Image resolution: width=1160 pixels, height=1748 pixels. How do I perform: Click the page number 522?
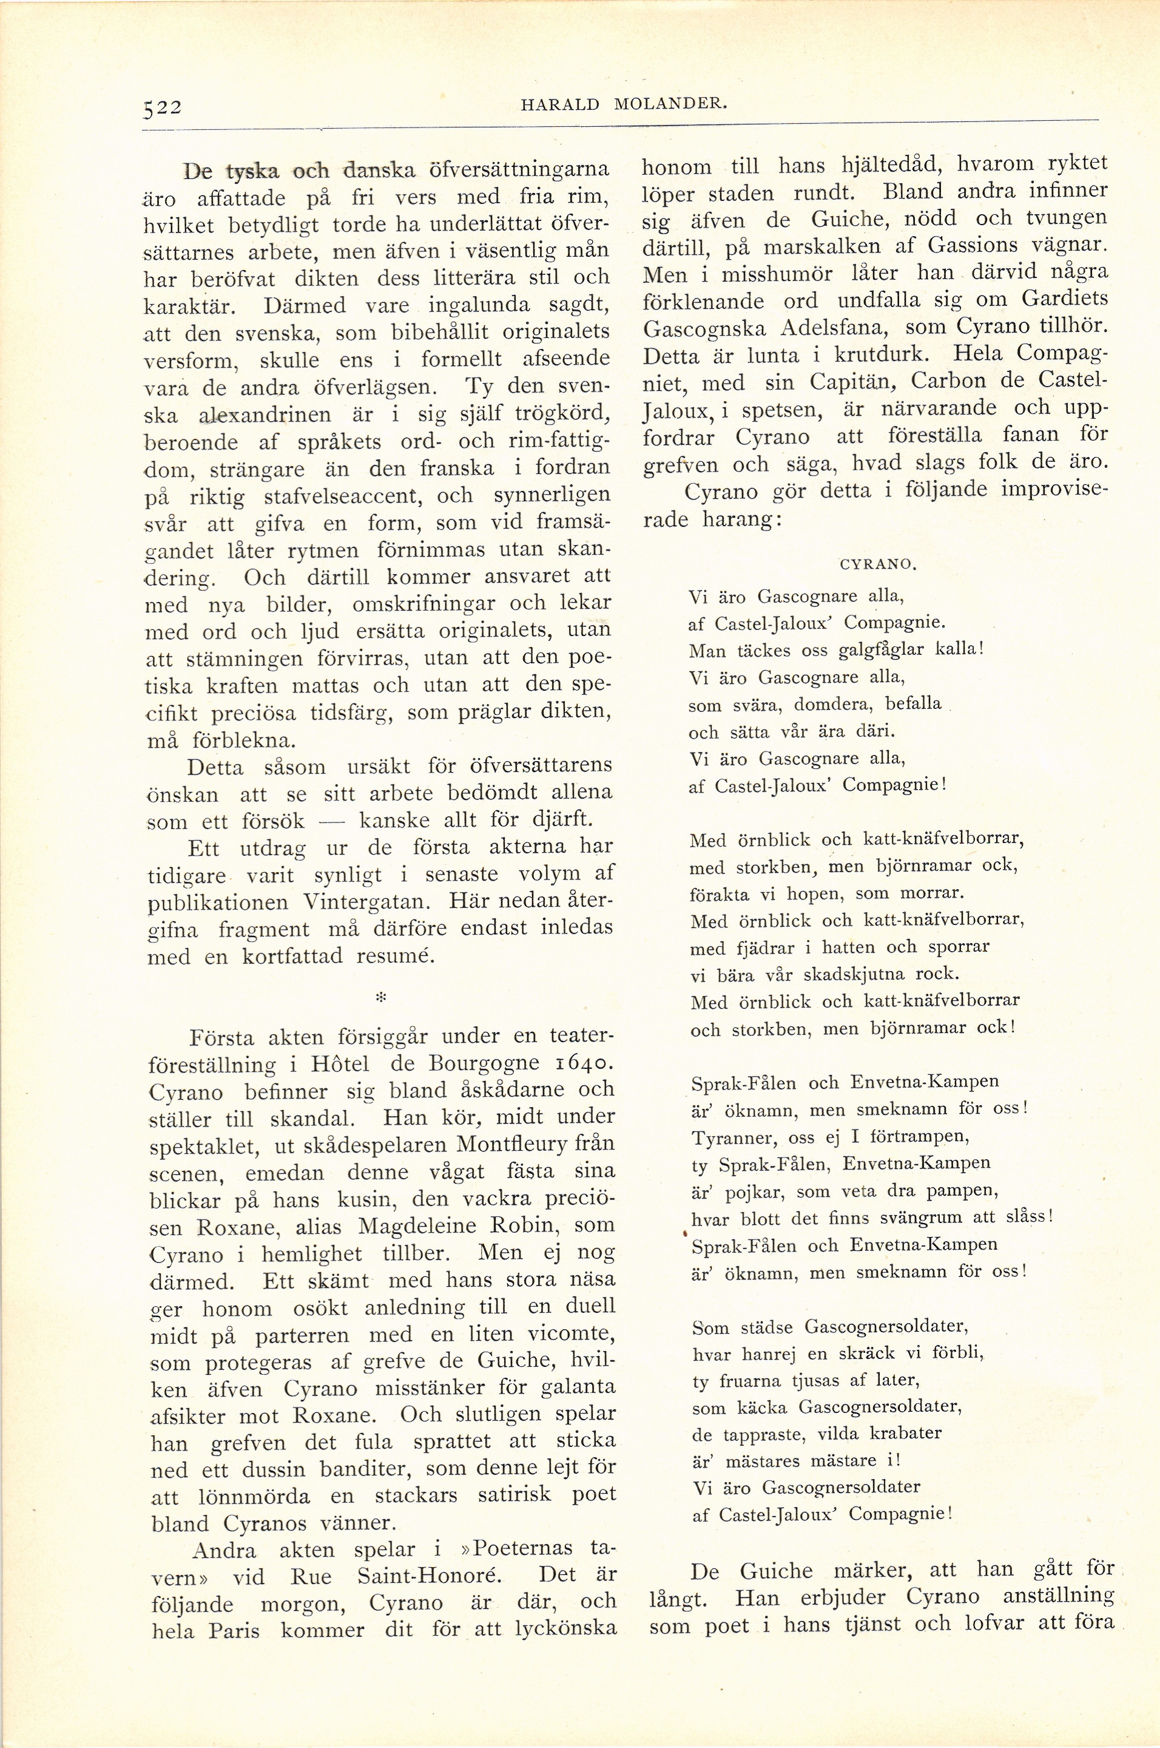tap(162, 107)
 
